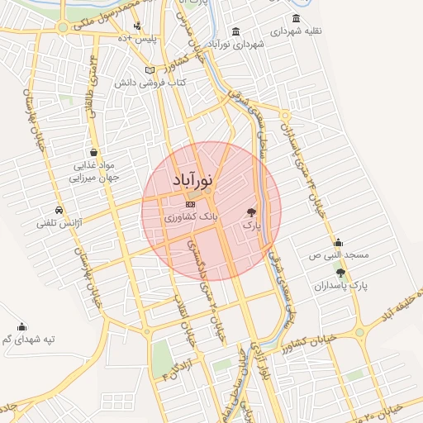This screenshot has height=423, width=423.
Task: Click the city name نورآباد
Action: click(x=195, y=179)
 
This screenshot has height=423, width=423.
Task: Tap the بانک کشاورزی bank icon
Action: click(x=191, y=203)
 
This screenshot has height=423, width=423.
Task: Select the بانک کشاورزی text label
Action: click(x=192, y=216)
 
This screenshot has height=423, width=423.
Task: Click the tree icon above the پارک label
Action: click(x=251, y=212)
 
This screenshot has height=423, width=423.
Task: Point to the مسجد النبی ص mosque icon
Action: click(x=338, y=242)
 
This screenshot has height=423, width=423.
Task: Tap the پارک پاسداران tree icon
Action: click(x=340, y=272)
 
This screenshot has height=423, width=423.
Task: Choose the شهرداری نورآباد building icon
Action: click(x=236, y=32)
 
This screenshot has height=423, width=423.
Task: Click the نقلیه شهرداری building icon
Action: click(x=297, y=19)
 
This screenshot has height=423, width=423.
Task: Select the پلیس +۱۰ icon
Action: click(x=136, y=26)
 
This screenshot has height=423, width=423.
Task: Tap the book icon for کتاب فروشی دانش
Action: click(x=150, y=70)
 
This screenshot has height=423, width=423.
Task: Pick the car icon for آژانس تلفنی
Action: click(x=58, y=210)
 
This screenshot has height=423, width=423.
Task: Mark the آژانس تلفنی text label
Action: click(x=58, y=223)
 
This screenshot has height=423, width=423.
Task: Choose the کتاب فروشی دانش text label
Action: click(x=150, y=83)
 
